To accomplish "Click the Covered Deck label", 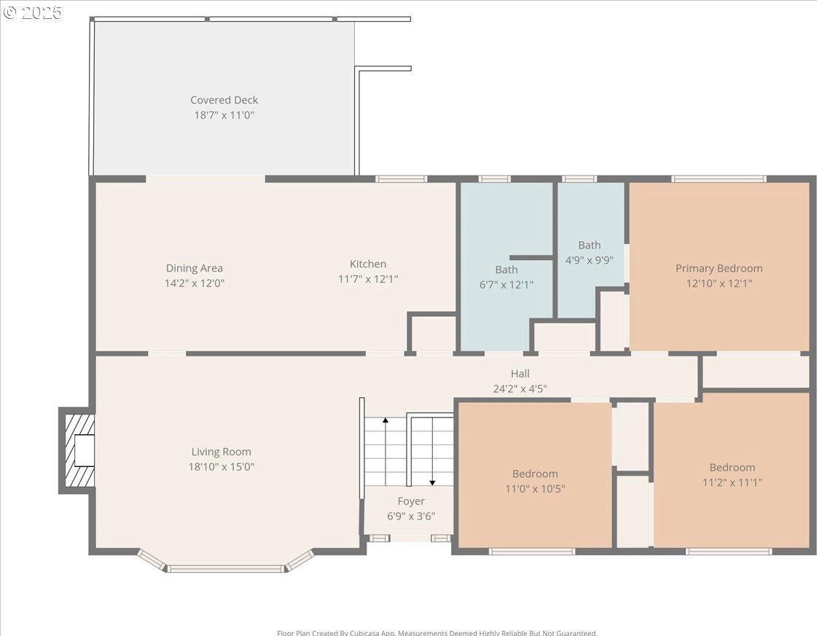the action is point(224,100).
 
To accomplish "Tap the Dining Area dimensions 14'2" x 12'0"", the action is point(195,283).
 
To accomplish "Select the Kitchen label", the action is point(368,264).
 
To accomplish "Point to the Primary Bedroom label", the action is point(719,268).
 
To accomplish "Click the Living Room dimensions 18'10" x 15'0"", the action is point(222,467).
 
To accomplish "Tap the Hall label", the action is point(520,374).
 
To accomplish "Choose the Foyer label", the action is point(411,501).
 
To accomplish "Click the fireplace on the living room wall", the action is point(77,450).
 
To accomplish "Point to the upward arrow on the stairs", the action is point(385,451).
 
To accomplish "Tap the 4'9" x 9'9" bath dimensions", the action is point(590,260).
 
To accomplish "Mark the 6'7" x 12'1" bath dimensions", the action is point(507,285).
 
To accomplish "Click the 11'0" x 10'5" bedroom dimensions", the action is point(535,489).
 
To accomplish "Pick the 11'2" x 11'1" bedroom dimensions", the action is point(732,483).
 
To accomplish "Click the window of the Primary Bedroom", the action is point(719,178).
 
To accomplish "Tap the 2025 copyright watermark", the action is point(32,12).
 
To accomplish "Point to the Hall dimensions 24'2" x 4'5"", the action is point(520,388).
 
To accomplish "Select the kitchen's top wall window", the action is point(401,178).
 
